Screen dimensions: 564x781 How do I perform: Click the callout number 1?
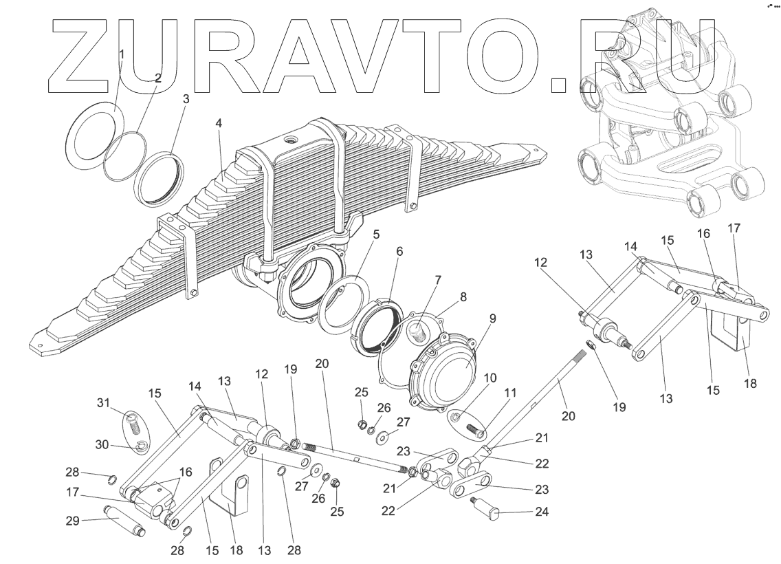[x=122, y=54]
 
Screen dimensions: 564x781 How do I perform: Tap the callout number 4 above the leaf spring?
[x=219, y=124]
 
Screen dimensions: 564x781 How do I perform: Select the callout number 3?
[x=186, y=99]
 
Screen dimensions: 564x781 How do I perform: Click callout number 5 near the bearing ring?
[x=375, y=233]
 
